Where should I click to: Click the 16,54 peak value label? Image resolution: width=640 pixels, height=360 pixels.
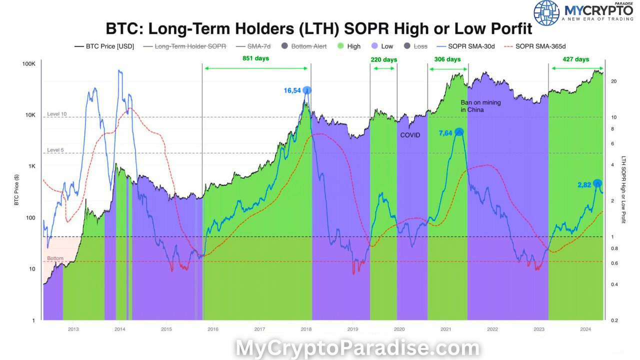coord(292,90)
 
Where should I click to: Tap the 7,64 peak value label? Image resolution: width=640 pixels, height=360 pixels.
coord(445,132)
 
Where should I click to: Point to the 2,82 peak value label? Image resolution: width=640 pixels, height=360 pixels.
coord(584,184)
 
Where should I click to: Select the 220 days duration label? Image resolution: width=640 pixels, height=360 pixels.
coord(383,59)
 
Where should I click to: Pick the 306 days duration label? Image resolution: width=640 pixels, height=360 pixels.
coord(447,59)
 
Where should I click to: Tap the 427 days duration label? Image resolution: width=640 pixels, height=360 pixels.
coord(575,59)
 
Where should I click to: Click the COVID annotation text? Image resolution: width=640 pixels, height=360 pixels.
coord(410,135)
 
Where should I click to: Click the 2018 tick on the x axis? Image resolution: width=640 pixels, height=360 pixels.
coord(306,329)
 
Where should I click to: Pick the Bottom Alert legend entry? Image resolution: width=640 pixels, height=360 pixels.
coord(304,46)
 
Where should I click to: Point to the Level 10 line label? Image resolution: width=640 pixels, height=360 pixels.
coord(56,114)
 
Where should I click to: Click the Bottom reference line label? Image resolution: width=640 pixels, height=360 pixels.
coord(55,258)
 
